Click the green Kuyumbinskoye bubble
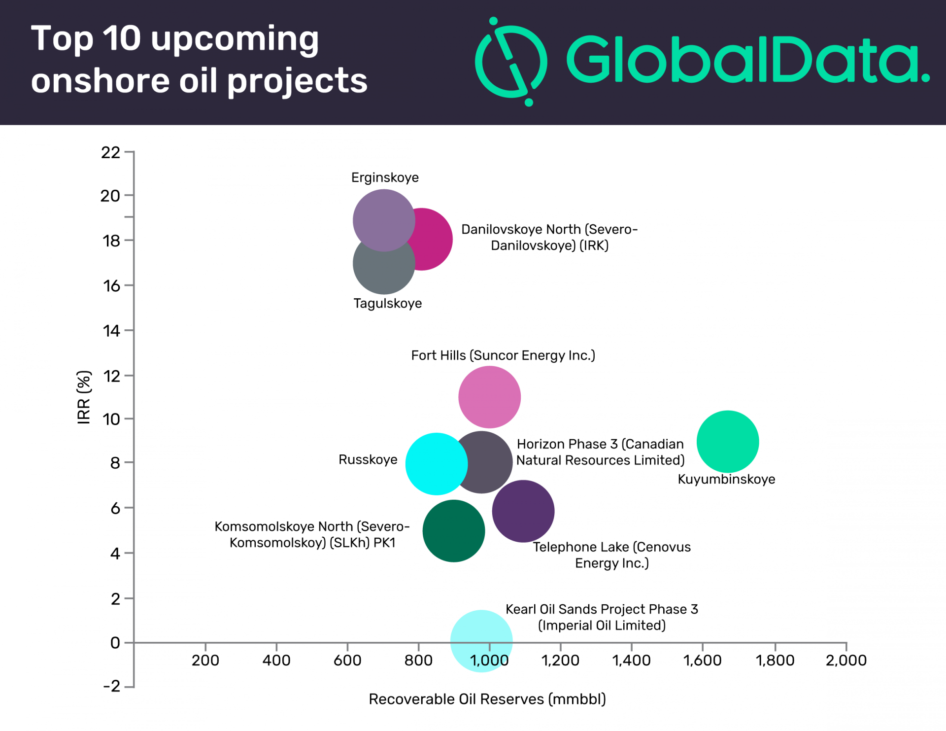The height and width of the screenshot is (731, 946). [727, 441]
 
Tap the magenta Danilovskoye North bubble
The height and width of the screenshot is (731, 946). [434, 240]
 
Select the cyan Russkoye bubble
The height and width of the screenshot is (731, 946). [434, 463]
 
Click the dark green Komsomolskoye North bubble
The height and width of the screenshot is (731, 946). [453, 531]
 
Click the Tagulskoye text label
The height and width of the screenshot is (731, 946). [387, 303]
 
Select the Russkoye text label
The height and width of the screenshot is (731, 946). [368, 459]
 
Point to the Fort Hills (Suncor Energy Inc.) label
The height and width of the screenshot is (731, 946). [503, 355]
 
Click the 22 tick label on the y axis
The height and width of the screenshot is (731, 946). [111, 153]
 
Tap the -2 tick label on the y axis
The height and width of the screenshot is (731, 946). [112, 686]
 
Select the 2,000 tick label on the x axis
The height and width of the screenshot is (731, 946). [845, 660]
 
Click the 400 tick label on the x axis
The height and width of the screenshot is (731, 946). [276, 660]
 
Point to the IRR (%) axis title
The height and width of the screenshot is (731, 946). [84, 397]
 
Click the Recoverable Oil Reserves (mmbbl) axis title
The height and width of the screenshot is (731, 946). [487, 699]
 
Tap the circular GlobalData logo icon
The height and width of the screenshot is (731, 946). [511, 62]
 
